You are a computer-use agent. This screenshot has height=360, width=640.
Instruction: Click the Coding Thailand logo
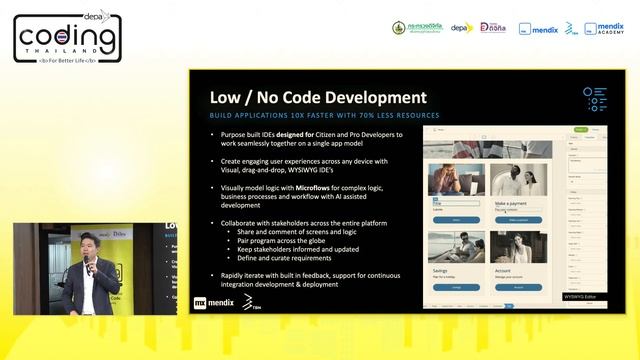[x=68, y=37]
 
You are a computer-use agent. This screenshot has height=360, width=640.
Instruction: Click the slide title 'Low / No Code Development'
[x=317, y=98]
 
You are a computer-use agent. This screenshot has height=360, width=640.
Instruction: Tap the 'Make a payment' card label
[x=514, y=203]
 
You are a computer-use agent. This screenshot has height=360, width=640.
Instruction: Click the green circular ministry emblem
[x=399, y=28]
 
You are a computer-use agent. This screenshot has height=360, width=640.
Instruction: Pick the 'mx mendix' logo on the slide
[x=214, y=300]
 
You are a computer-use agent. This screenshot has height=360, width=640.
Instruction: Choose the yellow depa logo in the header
[x=461, y=28]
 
